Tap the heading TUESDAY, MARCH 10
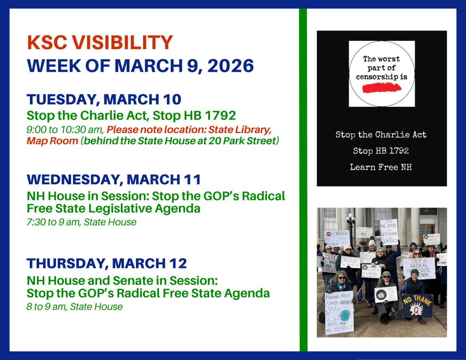[104, 100]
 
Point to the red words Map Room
[52, 141]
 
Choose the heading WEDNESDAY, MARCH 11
[114, 179]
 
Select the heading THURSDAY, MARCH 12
[106, 263]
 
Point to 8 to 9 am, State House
[75, 307]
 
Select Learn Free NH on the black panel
[381, 167]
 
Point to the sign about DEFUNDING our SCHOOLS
[389, 232]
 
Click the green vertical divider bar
[303, 179]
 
